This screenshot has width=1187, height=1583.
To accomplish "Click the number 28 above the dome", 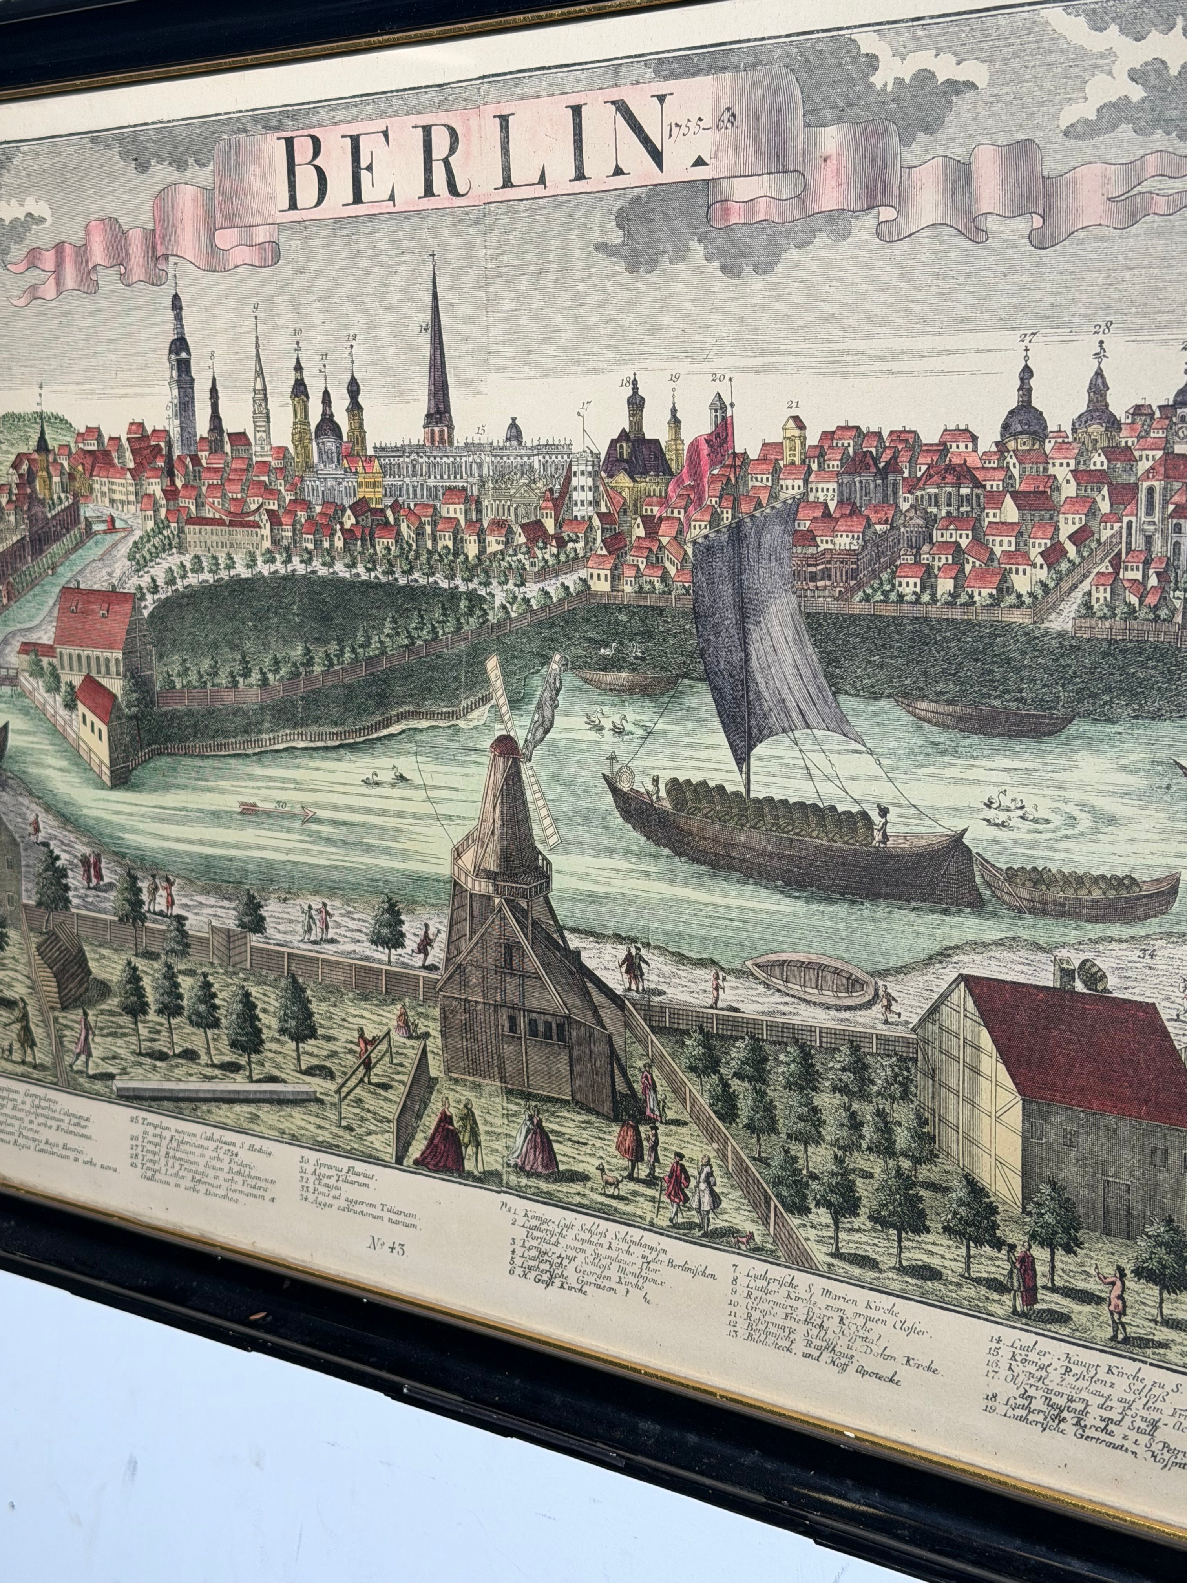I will [x=1102, y=329].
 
